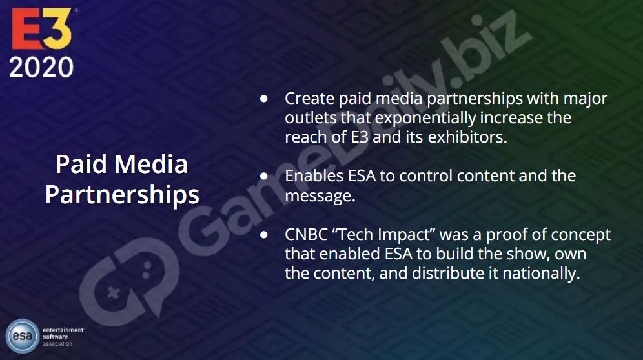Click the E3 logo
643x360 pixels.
42,28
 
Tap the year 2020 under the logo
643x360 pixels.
41,67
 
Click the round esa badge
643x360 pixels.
23,336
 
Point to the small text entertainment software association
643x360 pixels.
63,337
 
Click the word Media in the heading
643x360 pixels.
151,164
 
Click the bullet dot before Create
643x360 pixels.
264,99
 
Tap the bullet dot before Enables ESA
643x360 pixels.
264,176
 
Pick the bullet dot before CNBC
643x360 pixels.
264,235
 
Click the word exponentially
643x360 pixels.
425,118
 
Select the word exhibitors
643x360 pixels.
467,137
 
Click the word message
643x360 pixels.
320,196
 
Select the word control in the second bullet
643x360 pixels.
426,176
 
